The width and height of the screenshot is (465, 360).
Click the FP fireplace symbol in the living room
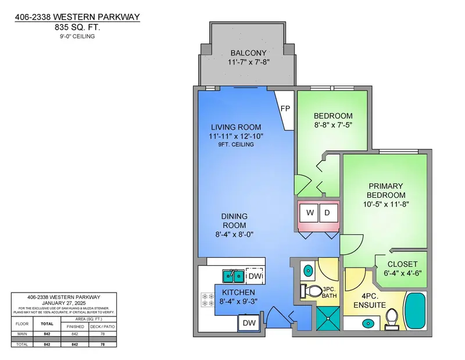tap(285, 109)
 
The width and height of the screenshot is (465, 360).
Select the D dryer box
tap(327, 213)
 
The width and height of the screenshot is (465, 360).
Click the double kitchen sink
tap(233, 275)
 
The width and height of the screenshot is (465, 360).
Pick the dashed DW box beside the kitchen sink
tap(254, 275)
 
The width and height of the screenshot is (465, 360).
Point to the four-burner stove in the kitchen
tap(207, 300)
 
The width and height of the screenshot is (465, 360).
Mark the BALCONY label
tap(248, 52)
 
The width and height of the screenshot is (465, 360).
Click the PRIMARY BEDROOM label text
tap(385, 190)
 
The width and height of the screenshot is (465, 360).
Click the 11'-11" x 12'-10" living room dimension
tap(237, 136)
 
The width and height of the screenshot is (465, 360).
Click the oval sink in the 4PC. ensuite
tap(367, 322)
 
